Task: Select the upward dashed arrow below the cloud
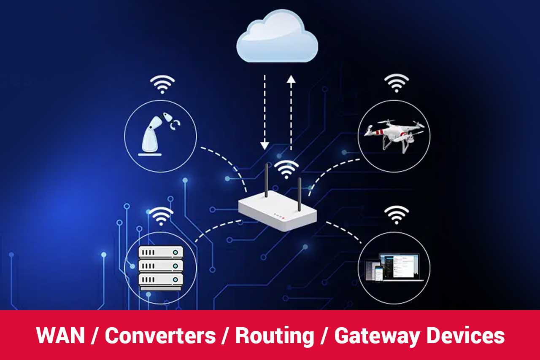tap(291, 112)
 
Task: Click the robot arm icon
tap(158, 133)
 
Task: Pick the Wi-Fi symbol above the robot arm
tap(162, 85)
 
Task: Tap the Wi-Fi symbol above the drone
tap(397, 83)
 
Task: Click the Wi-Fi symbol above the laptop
tap(397, 215)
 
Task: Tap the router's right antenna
tap(299, 194)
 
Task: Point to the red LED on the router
tap(283, 218)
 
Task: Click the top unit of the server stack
tap(161, 252)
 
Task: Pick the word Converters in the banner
tap(160, 336)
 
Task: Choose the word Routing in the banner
tap(275, 336)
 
